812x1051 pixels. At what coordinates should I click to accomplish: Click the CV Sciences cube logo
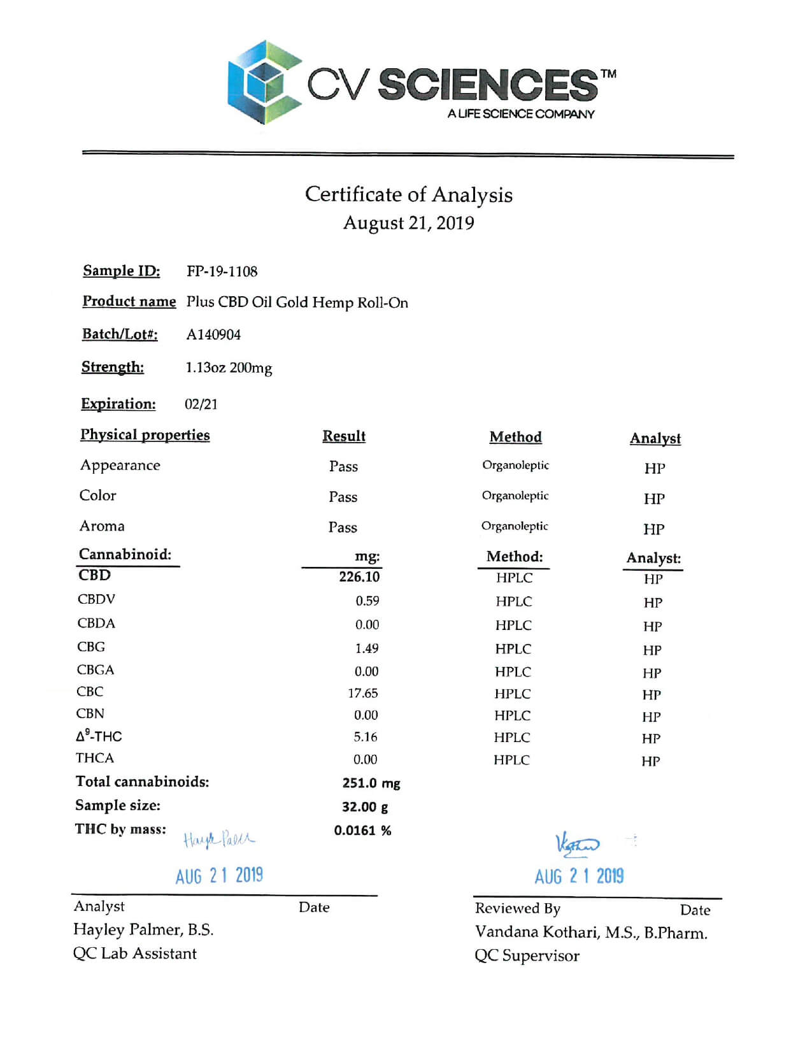click(x=264, y=83)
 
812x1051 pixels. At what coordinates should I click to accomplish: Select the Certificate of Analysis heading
click(x=408, y=194)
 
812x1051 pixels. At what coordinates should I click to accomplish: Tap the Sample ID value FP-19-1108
click(x=222, y=271)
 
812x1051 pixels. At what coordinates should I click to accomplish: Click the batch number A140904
click(x=213, y=334)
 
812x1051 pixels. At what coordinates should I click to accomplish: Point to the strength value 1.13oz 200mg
click(x=229, y=368)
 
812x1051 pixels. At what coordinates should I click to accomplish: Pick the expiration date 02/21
click(x=201, y=404)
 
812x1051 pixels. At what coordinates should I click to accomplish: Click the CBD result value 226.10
click(x=359, y=577)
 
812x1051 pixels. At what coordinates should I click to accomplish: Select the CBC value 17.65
click(x=363, y=693)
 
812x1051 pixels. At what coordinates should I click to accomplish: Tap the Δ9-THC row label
click(x=99, y=736)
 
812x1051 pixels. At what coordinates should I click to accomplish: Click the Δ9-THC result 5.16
click(x=366, y=737)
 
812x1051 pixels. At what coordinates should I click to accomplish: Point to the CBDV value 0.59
click(x=367, y=601)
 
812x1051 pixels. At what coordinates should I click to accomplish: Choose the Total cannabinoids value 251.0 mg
click(x=371, y=783)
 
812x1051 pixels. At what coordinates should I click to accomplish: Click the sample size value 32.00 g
click(x=365, y=807)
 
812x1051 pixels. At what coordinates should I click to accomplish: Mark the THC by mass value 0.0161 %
click(x=362, y=831)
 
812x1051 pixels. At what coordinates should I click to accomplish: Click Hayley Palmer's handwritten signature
click(x=218, y=840)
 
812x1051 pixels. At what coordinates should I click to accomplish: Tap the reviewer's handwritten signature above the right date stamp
click(x=577, y=844)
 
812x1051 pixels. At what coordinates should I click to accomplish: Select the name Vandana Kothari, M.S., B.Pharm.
click(x=591, y=933)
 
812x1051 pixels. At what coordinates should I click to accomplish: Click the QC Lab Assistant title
click(x=135, y=954)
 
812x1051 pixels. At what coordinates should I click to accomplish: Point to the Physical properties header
click(x=145, y=435)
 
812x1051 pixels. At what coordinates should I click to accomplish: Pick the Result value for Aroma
click(x=343, y=527)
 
